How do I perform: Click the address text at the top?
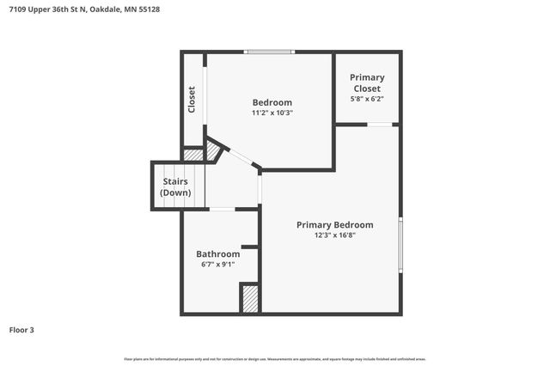click(x=84, y=9)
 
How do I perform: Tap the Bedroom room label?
click(x=272, y=102)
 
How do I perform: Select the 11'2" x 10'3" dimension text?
click(x=272, y=113)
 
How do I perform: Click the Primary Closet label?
click(x=367, y=82)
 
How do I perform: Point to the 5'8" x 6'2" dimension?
click(x=367, y=99)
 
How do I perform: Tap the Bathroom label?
click(x=217, y=254)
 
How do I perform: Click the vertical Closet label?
click(x=192, y=100)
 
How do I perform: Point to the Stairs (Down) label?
click(x=175, y=187)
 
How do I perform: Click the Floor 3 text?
click(x=21, y=330)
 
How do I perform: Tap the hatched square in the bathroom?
click(x=250, y=298)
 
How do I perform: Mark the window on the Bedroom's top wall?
click(x=270, y=52)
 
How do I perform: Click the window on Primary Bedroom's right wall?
click(x=400, y=247)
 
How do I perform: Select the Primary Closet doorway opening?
click(x=381, y=125)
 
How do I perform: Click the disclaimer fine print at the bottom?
click(x=275, y=358)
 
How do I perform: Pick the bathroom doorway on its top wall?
click(x=223, y=209)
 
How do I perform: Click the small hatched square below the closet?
click(x=193, y=155)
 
